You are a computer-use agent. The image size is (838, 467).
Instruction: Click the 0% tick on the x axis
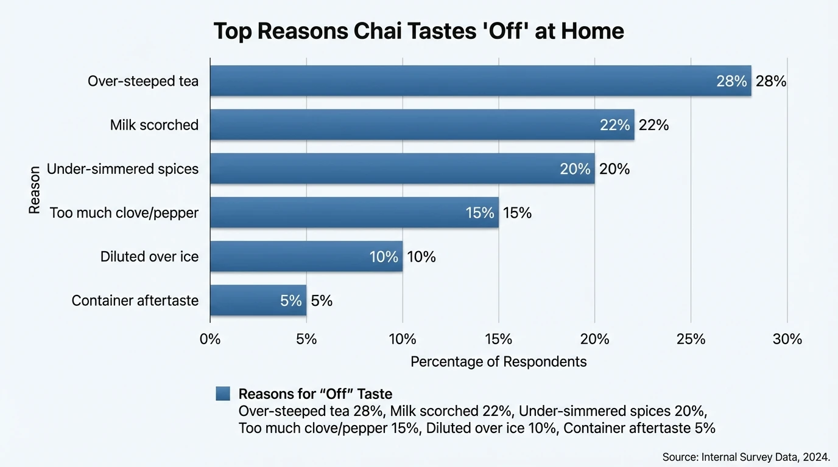point(210,339)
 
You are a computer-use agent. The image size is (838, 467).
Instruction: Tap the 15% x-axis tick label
point(498,339)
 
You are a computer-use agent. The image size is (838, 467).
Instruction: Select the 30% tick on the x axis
point(787,339)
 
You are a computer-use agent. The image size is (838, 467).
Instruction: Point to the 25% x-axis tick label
point(691,339)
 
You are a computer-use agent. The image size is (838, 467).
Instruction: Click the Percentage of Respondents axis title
point(498,362)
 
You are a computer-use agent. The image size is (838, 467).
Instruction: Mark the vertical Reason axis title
point(34,190)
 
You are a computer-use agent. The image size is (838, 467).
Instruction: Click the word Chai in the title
point(378,31)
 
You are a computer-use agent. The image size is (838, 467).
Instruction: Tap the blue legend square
point(223,393)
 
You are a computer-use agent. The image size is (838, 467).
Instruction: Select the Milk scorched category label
point(154,125)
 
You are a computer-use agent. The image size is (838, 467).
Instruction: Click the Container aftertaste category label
point(135,300)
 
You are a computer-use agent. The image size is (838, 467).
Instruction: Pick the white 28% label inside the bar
point(731,81)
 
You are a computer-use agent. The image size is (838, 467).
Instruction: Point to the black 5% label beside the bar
point(322,300)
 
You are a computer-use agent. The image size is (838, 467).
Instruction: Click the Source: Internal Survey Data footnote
point(746,457)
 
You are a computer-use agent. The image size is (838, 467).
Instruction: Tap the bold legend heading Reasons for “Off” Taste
point(315,393)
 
